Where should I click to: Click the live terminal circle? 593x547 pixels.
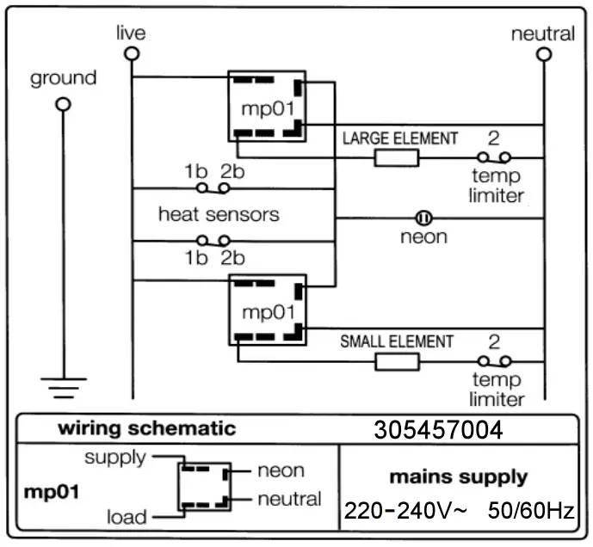[131, 53]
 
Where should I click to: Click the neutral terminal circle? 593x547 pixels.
[543, 53]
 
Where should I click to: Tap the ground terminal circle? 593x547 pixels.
[62, 104]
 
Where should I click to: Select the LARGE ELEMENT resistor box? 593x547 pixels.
[396, 157]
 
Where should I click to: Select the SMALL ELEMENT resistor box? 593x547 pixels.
[396, 361]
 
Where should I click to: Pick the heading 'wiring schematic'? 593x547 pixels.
[146, 428]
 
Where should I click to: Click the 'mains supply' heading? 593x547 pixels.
[458, 476]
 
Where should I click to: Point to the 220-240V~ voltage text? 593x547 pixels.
[405, 511]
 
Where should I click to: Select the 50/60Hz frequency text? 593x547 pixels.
[530, 511]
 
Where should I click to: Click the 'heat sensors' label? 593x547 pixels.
[219, 213]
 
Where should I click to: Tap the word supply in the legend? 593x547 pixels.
[114, 457]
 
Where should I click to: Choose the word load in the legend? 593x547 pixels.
[127, 517]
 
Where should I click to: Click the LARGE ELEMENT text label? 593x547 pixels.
[400, 138]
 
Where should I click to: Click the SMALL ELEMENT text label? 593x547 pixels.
[397, 341]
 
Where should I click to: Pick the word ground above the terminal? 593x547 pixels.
[63, 79]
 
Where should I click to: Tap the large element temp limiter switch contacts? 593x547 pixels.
[495, 157]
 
